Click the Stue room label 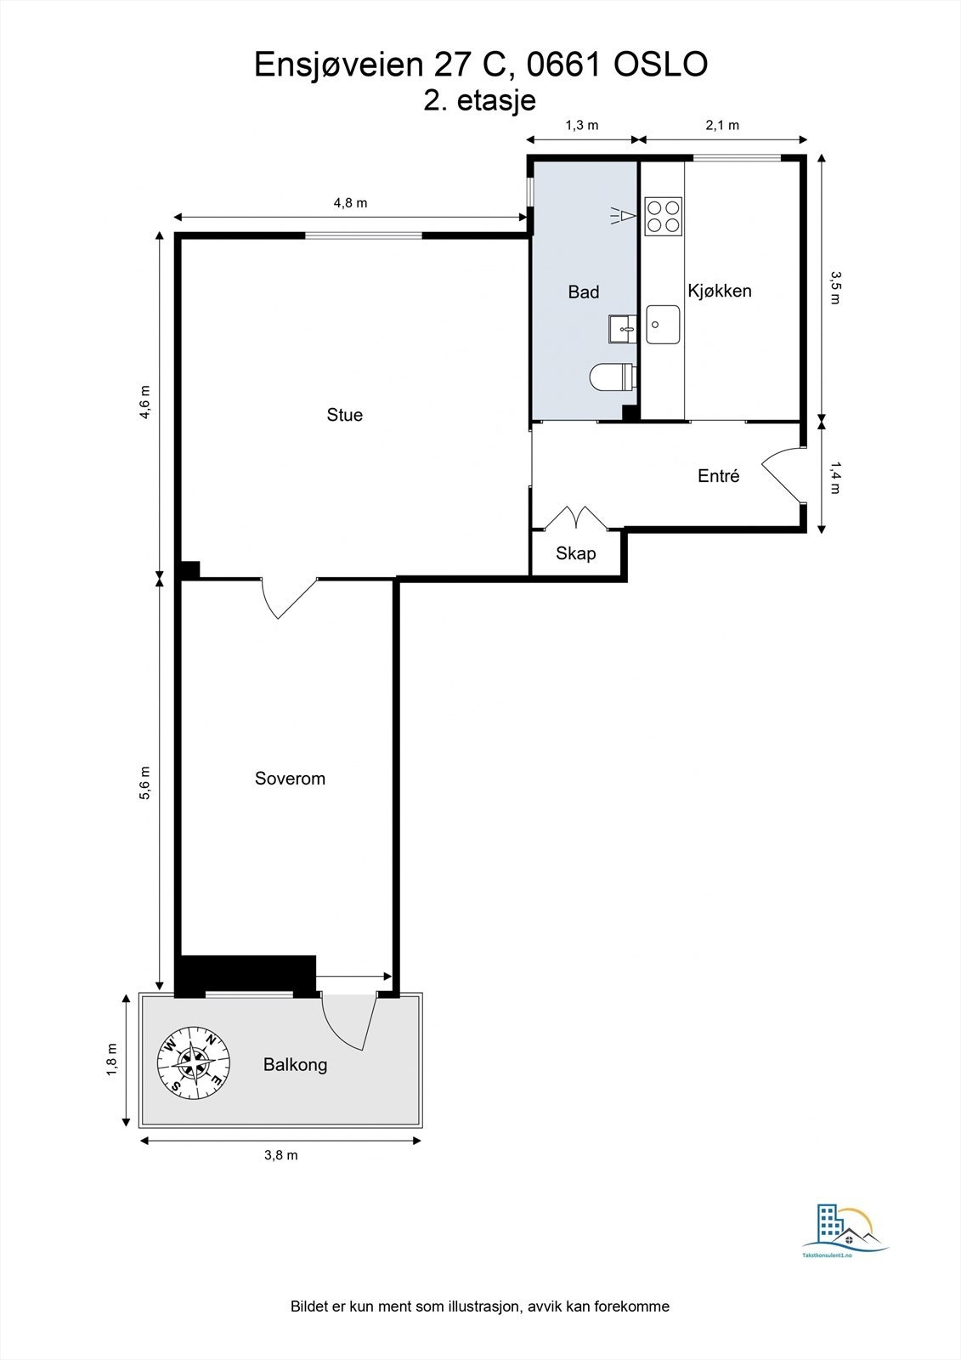click(344, 415)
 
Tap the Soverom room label click(290, 779)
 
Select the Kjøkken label click(720, 291)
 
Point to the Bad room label click(584, 292)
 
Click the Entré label click(719, 475)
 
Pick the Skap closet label click(575, 553)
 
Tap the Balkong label click(295, 1064)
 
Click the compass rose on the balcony click(194, 1062)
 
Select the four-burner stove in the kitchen click(663, 217)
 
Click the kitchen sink click(663, 324)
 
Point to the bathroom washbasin click(622, 329)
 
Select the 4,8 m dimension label click(350, 203)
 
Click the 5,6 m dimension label click(145, 783)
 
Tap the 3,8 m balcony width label click(281, 1155)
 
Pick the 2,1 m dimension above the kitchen click(722, 126)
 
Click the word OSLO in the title click(660, 65)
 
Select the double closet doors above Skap click(575, 518)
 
